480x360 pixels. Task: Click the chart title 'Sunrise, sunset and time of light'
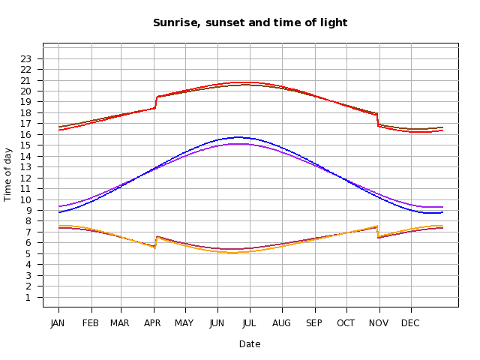[x=250, y=22]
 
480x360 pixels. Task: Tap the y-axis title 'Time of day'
[x=8, y=174]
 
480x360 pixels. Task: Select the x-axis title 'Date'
[x=250, y=344]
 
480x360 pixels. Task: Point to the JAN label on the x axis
[x=58, y=323]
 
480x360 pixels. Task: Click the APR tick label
[x=153, y=323]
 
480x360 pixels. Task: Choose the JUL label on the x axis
[x=250, y=323]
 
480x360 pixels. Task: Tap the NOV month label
[x=379, y=323]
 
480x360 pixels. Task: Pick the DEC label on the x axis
[x=410, y=323]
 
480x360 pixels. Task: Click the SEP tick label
[x=314, y=323]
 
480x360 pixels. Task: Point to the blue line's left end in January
[x=59, y=212]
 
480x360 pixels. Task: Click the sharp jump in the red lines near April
[x=155, y=102]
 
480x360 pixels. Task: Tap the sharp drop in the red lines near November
[x=378, y=120]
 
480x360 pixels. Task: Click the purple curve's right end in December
[x=442, y=207]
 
